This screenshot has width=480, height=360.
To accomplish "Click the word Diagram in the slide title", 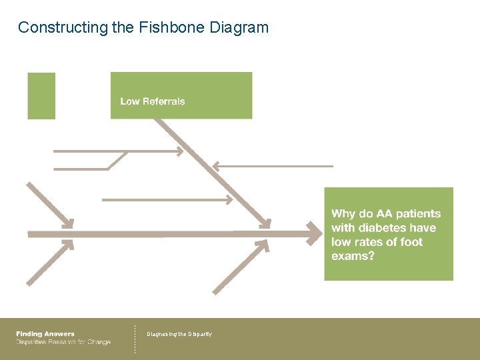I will [x=239, y=28].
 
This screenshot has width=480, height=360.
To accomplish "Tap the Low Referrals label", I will [x=153, y=101].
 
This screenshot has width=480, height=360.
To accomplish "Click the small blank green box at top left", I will [x=41, y=96].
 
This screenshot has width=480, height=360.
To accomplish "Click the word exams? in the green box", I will [x=353, y=256].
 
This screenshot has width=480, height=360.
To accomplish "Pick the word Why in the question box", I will [x=343, y=214].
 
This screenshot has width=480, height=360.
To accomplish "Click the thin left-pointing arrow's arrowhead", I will [x=216, y=165].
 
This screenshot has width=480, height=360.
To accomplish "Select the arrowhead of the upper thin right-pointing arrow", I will [x=179, y=151].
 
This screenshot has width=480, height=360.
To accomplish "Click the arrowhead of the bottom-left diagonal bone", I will [x=69, y=245].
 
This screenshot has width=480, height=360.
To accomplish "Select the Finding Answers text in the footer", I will [x=45, y=334].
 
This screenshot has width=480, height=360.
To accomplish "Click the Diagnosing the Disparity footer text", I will [x=179, y=334].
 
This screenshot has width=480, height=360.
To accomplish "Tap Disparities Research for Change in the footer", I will [x=63, y=342].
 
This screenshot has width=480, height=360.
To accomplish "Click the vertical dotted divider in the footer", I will [x=135, y=339].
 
